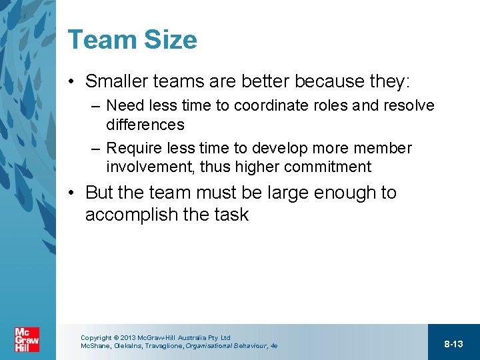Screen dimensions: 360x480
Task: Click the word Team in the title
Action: (x=99, y=39)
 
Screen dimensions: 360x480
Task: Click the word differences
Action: (x=145, y=125)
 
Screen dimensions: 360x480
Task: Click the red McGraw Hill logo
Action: (x=27, y=340)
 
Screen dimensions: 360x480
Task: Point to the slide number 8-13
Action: (x=453, y=344)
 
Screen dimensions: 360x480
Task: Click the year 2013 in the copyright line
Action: (x=128, y=338)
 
